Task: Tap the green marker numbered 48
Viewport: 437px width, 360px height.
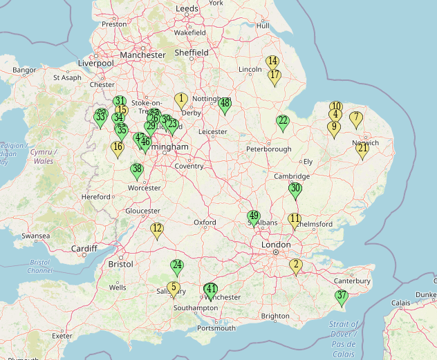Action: pos(225,104)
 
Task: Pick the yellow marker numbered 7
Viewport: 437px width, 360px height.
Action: pos(356,119)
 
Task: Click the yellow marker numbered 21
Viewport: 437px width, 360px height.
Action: pos(362,149)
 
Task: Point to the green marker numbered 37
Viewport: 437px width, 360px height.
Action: pos(341,297)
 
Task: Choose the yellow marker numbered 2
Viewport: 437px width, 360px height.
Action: pos(296,265)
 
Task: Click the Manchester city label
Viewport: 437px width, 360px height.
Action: pos(142,55)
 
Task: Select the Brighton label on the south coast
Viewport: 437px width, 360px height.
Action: pos(275,316)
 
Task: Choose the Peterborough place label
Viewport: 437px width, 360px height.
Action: pos(270,149)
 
